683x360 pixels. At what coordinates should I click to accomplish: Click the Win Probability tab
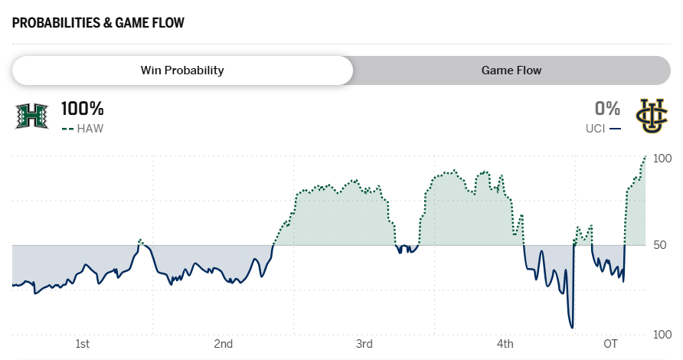coord(182,70)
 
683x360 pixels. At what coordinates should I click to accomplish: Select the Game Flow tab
coord(511,70)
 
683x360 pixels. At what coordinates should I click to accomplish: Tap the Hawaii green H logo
coord(31,116)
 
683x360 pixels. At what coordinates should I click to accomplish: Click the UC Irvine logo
coord(652,116)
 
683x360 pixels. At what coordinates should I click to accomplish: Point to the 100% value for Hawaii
coord(83,109)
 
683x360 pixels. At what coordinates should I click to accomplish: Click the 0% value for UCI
coord(607,109)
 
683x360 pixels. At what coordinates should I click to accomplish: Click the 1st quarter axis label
coord(83,342)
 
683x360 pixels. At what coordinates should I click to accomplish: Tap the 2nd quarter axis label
coord(224,342)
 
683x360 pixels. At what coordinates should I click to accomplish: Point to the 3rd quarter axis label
coord(364,342)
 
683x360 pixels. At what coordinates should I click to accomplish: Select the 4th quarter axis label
coord(505,342)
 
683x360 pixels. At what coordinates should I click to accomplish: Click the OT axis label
coord(610,342)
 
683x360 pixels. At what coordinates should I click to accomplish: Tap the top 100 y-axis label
coord(662,159)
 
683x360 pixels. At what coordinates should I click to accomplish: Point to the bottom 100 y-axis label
coord(662,335)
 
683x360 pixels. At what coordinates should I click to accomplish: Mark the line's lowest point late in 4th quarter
coord(571,328)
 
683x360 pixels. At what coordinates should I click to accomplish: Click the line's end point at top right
coord(645,156)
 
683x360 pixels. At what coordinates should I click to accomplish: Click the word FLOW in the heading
coord(168,22)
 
